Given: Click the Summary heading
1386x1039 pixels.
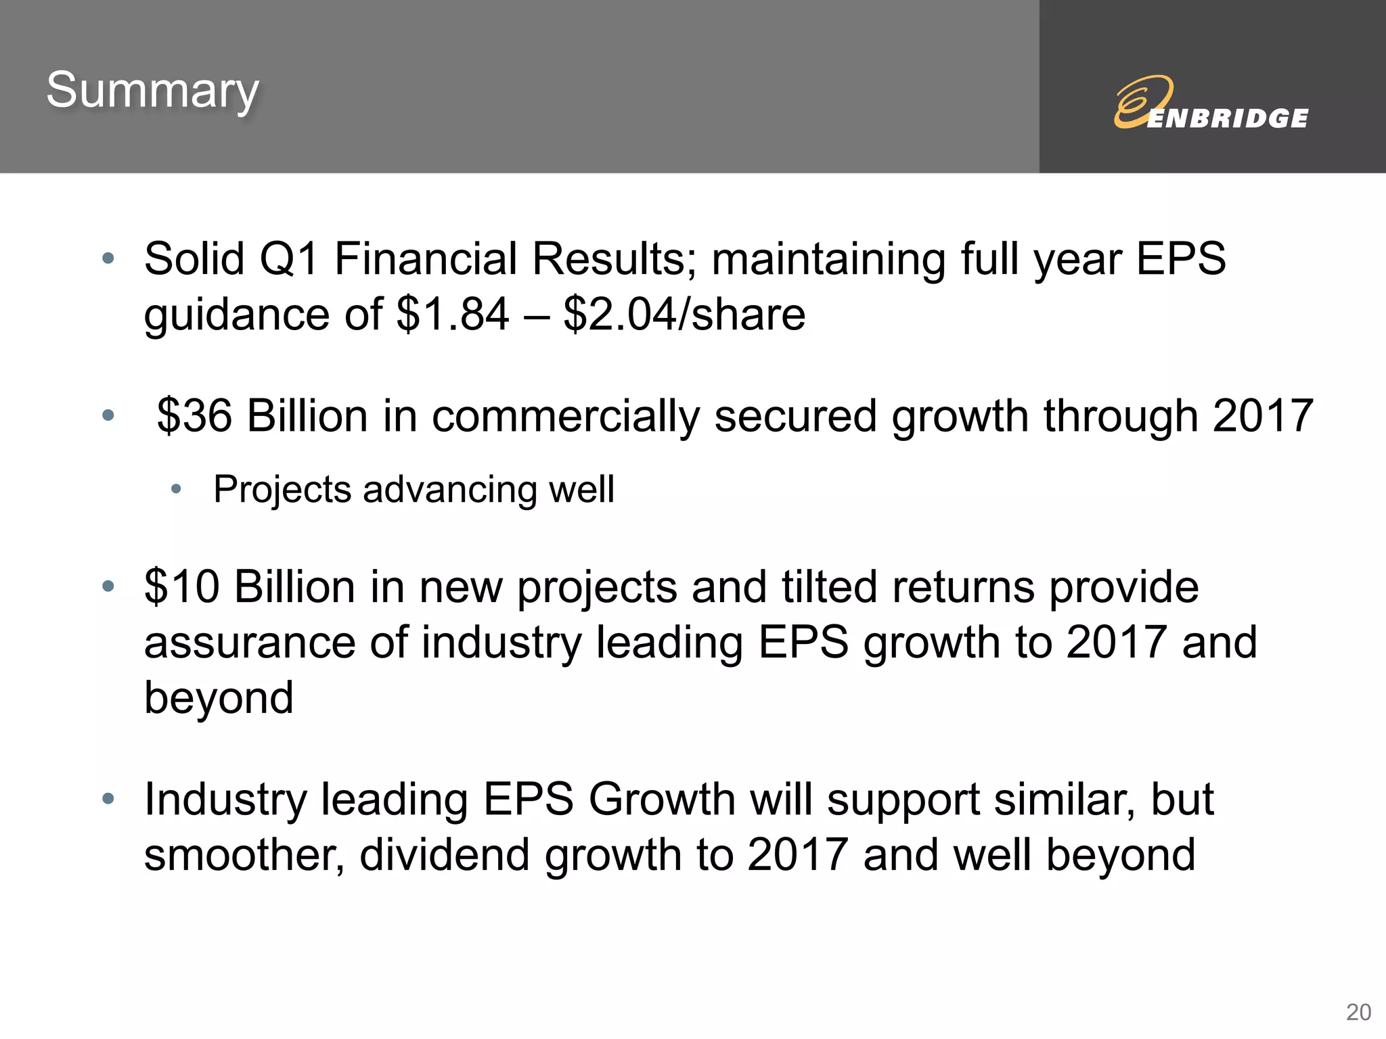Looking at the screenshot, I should [x=153, y=91].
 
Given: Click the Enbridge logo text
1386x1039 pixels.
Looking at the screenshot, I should [x=1227, y=118].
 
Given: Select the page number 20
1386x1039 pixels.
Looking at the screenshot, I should [x=1358, y=1012].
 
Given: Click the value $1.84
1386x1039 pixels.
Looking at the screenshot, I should [x=453, y=315].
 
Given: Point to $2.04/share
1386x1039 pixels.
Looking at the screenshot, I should [x=684, y=315].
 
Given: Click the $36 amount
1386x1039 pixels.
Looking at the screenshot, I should [x=194, y=415].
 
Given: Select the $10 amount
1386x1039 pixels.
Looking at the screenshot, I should [x=181, y=586].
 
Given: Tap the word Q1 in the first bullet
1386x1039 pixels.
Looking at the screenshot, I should [x=288, y=259].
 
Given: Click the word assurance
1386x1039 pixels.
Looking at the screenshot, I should [x=249, y=643].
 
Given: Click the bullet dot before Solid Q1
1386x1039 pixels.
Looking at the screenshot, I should [x=108, y=258].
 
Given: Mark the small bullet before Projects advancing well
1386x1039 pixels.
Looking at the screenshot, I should [x=177, y=489].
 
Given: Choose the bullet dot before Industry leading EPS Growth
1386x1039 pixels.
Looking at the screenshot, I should [x=108, y=799].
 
